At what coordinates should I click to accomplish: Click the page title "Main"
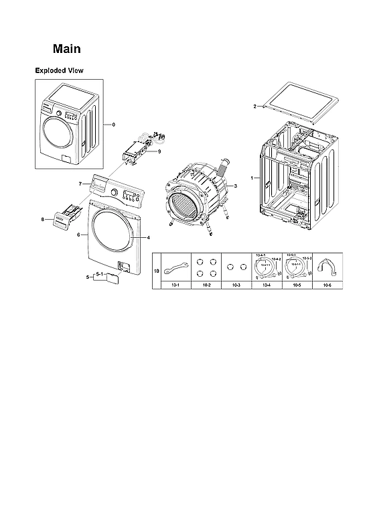point(67,49)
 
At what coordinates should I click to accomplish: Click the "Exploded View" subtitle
point(59,70)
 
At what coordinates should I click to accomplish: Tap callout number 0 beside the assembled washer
point(114,125)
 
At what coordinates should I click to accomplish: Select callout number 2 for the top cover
point(254,107)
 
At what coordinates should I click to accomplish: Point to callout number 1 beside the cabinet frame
point(251,178)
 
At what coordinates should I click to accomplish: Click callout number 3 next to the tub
point(236,185)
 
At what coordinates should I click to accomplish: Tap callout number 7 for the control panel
point(80,183)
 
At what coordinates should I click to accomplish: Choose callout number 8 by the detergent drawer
point(42,219)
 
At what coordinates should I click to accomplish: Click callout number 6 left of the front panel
point(79,235)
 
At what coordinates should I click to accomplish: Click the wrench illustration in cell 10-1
point(175,267)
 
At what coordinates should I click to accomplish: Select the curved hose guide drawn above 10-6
point(327,267)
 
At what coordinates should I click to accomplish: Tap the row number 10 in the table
point(157,271)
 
